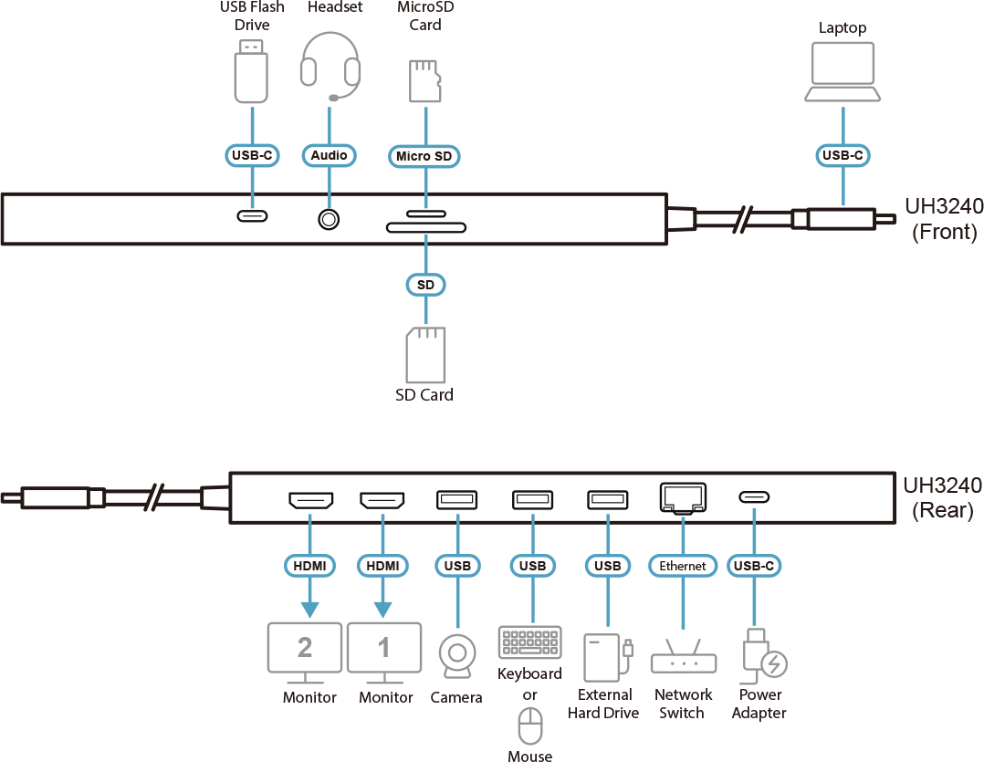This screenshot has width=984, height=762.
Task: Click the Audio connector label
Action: pos(329,155)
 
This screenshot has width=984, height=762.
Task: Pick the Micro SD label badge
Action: pos(424,156)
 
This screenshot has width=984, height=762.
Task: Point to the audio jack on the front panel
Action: pos(329,219)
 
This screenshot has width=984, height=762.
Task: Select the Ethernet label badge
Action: pos(683,566)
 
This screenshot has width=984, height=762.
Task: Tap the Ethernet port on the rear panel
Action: pos(682,497)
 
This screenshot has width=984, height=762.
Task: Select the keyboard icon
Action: pos(529,642)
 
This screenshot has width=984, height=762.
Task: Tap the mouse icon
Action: pos(530,727)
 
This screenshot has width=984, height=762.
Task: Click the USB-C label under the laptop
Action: pos(843,155)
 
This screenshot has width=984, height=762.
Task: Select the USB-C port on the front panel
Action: pos(253,216)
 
